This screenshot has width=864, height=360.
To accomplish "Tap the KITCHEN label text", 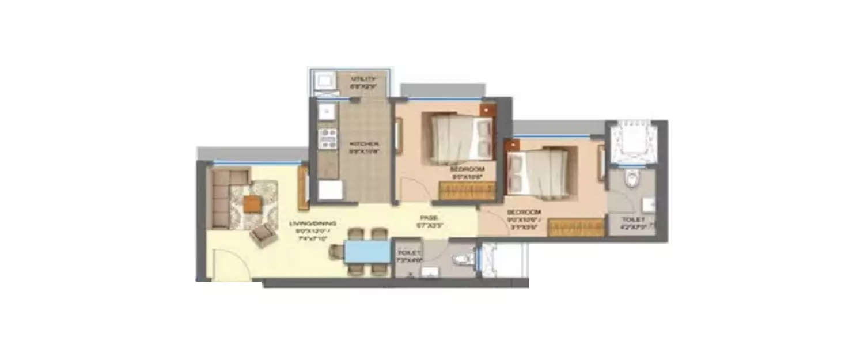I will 363,144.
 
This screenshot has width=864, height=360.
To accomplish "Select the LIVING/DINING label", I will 316,223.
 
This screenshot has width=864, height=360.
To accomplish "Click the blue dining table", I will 367,252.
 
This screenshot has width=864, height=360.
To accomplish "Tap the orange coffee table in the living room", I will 252,204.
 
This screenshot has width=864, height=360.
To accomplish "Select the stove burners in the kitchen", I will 328,139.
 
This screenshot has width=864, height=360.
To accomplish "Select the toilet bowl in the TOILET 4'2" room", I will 632,180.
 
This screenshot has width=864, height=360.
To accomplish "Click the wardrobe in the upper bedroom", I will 467,190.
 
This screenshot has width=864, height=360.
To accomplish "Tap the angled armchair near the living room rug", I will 263,234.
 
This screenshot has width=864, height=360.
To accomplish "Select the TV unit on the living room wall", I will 303,187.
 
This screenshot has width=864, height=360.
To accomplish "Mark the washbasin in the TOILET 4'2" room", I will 649,204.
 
